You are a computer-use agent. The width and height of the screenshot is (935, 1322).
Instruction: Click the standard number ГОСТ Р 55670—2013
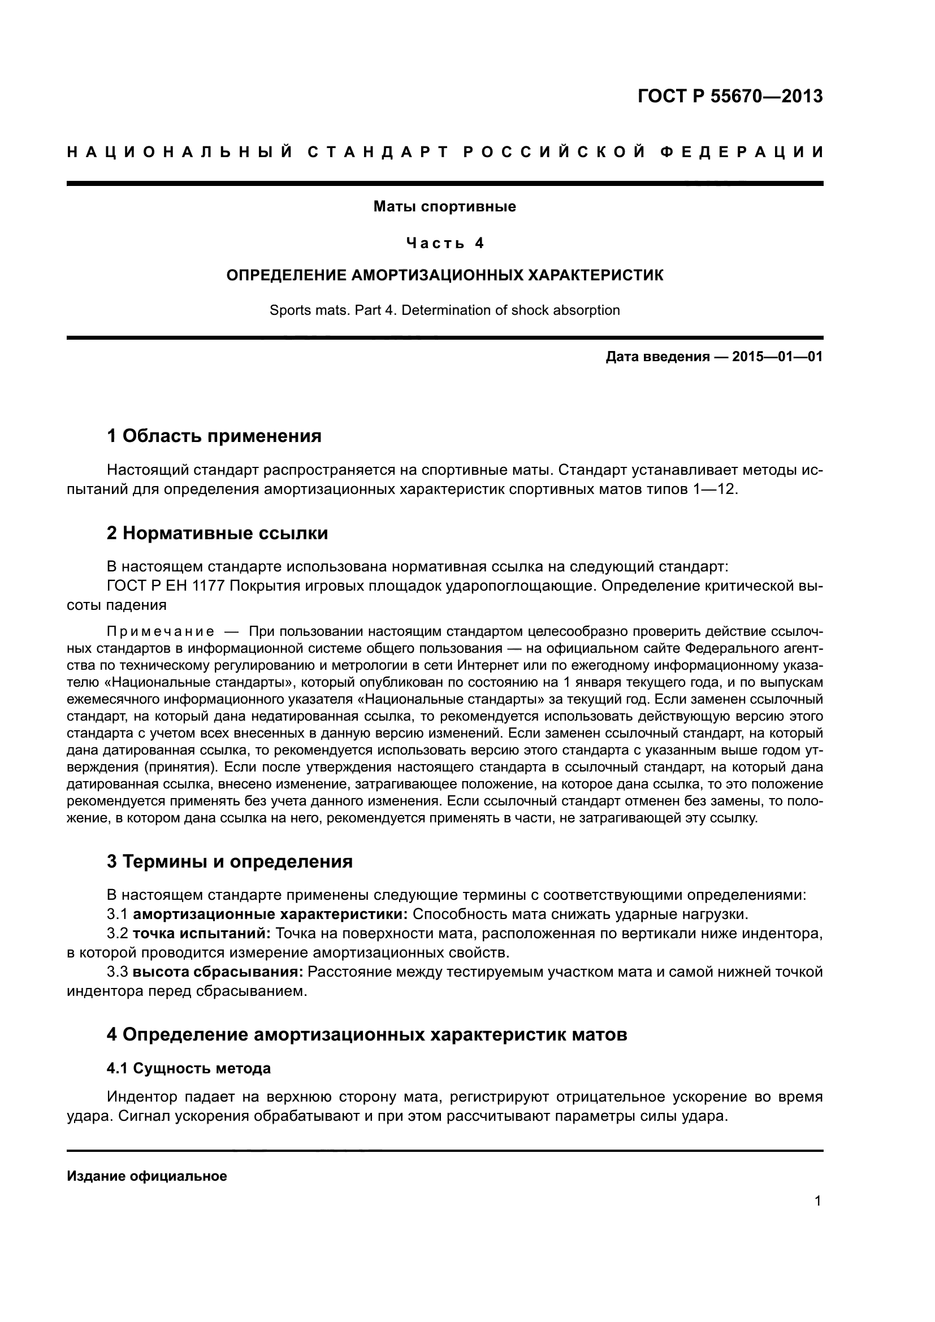click(x=730, y=96)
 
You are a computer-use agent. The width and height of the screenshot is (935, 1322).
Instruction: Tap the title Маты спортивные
click(x=444, y=207)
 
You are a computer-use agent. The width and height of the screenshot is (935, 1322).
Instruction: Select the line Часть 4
click(x=444, y=244)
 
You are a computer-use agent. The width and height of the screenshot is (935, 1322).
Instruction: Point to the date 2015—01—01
click(x=777, y=357)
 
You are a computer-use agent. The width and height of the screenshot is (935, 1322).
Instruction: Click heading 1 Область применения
click(x=214, y=436)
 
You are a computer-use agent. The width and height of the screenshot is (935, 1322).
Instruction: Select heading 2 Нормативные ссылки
click(x=217, y=533)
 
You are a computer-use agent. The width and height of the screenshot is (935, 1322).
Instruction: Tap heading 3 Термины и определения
click(x=230, y=862)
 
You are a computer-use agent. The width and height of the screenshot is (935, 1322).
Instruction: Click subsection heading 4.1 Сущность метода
click(x=188, y=1069)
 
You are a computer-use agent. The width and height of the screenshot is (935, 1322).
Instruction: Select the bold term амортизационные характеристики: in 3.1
click(x=271, y=914)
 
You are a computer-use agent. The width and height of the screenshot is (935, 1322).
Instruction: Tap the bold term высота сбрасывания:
click(x=218, y=972)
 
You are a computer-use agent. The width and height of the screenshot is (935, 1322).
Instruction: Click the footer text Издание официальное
click(x=147, y=1176)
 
